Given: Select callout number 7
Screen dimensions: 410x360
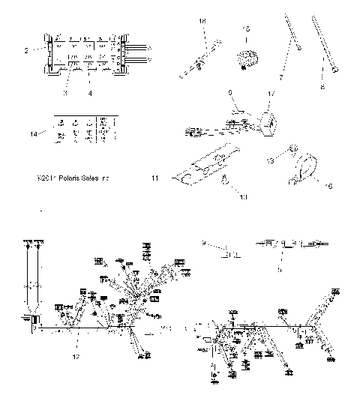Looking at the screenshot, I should [x=282, y=77].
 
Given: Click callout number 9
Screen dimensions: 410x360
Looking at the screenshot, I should [x=203, y=242].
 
